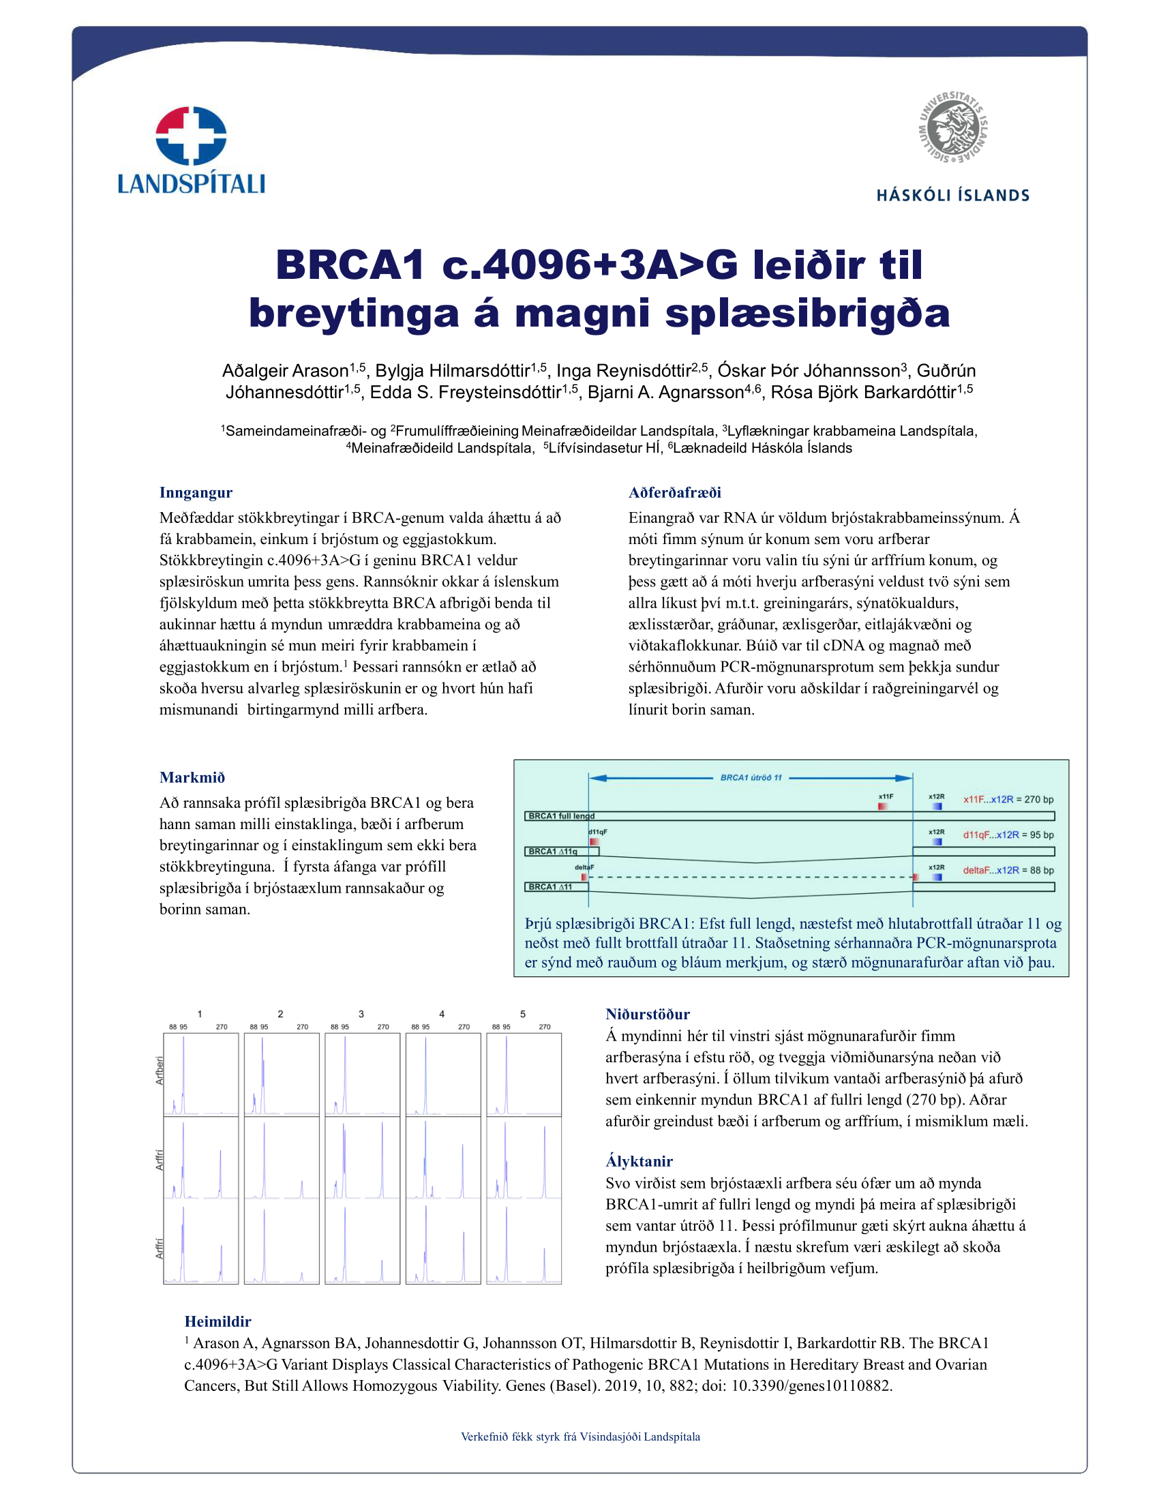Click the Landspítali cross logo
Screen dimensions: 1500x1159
(191, 135)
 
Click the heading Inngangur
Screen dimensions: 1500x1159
(196, 492)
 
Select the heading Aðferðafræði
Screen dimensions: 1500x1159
(674, 492)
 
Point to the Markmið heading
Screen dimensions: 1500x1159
(192, 777)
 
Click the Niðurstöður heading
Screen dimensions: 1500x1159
(648, 1015)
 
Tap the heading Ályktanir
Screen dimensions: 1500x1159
(639, 1161)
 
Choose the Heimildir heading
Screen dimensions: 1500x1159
(217, 1321)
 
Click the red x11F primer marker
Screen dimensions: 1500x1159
(883, 807)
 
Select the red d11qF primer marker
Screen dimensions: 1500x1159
(594, 841)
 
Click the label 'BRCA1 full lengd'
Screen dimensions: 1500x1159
(561, 816)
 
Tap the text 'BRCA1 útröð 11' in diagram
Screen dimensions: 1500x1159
(751, 777)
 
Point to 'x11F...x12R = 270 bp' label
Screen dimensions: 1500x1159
(1008, 800)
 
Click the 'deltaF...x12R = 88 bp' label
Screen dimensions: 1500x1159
(1008, 870)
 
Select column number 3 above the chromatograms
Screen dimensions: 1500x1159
(361, 1014)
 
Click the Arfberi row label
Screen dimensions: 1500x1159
(160, 1070)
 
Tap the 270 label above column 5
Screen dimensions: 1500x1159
(545, 1027)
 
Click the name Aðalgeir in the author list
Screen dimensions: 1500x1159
(252, 371)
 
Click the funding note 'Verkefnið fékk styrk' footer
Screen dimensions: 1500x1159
(580, 1436)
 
